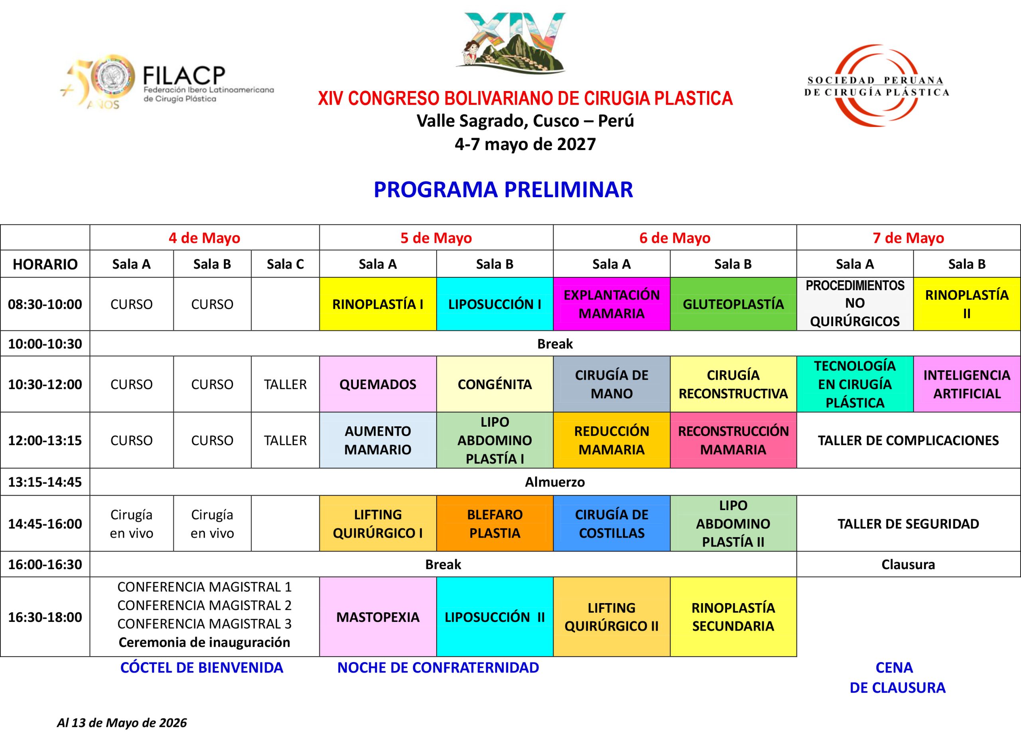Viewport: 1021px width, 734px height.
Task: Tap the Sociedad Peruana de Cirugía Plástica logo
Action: pos(877,85)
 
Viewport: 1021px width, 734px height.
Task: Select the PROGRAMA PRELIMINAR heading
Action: pos(503,190)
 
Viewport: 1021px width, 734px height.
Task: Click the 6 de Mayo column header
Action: pos(675,238)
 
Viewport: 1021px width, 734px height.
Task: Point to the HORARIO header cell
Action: pos(45,264)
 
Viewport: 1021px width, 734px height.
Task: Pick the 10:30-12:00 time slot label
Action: pos(45,384)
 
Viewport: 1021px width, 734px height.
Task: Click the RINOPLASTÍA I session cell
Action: pos(378,304)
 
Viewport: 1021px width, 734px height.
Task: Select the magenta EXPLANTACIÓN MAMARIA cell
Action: pos(612,304)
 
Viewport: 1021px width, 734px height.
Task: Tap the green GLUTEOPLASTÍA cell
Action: pos(733,304)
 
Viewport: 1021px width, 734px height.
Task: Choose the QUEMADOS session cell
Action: pos(378,384)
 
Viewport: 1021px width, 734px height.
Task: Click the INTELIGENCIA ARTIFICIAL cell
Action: pos(967,384)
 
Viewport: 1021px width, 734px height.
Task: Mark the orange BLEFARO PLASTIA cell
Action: pos(495,524)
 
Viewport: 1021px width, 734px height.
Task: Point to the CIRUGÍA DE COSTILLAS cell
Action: pos(612,524)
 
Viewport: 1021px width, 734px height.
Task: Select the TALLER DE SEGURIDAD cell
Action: pos(909,524)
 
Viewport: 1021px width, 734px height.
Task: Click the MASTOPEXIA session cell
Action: pos(378,617)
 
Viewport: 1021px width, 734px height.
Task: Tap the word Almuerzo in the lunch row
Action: pos(555,482)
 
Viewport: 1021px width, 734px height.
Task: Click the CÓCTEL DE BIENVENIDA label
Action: pos(202,667)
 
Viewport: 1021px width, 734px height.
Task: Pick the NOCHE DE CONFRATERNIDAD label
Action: pos(438,667)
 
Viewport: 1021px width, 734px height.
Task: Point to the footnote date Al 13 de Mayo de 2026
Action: pos(122,723)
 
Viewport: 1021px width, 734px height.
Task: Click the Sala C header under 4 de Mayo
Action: pos(286,264)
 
